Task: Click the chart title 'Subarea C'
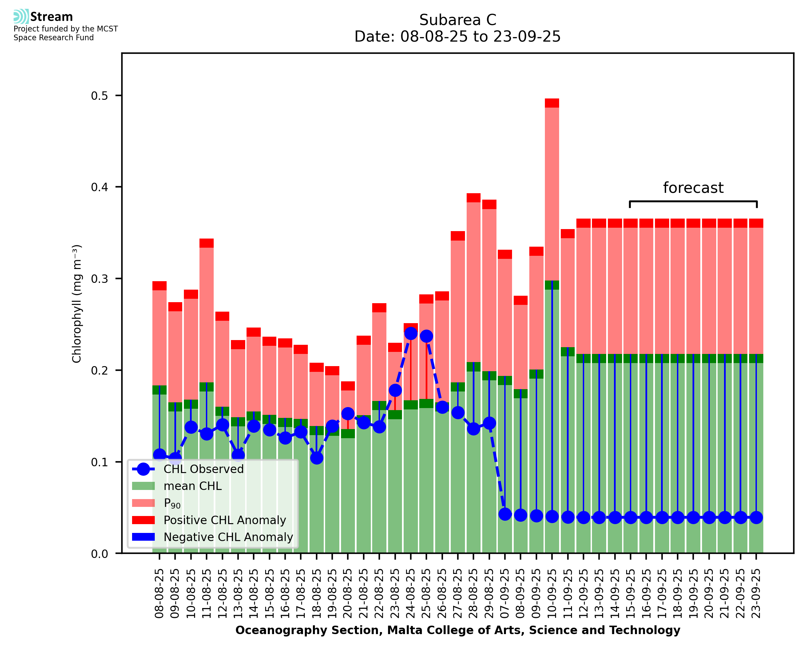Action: (x=458, y=20)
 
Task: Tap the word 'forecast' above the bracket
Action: (x=693, y=188)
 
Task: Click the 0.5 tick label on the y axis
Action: (x=99, y=96)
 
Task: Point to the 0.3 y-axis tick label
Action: (x=99, y=279)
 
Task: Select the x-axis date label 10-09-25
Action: (x=552, y=593)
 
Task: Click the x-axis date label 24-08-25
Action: (x=411, y=593)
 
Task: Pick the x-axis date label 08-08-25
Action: (x=160, y=593)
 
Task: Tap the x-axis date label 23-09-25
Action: (x=756, y=593)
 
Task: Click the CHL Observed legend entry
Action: (x=204, y=469)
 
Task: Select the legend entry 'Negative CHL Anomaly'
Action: (x=228, y=537)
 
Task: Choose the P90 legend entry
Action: (x=172, y=503)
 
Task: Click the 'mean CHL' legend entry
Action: (x=193, y=486)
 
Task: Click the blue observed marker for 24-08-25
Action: (x=411, y=333)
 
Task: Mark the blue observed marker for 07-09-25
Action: (x=505, y=514)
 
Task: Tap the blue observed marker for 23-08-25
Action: (x=395, y=390)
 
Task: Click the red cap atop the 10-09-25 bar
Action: (x=552, y=103)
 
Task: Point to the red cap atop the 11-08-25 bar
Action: (x=207, y=243)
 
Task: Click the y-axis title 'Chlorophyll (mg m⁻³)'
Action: (x=77, y=304)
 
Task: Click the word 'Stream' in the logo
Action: (x=51, y=17)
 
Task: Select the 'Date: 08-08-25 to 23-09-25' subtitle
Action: (x=458, y=37)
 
